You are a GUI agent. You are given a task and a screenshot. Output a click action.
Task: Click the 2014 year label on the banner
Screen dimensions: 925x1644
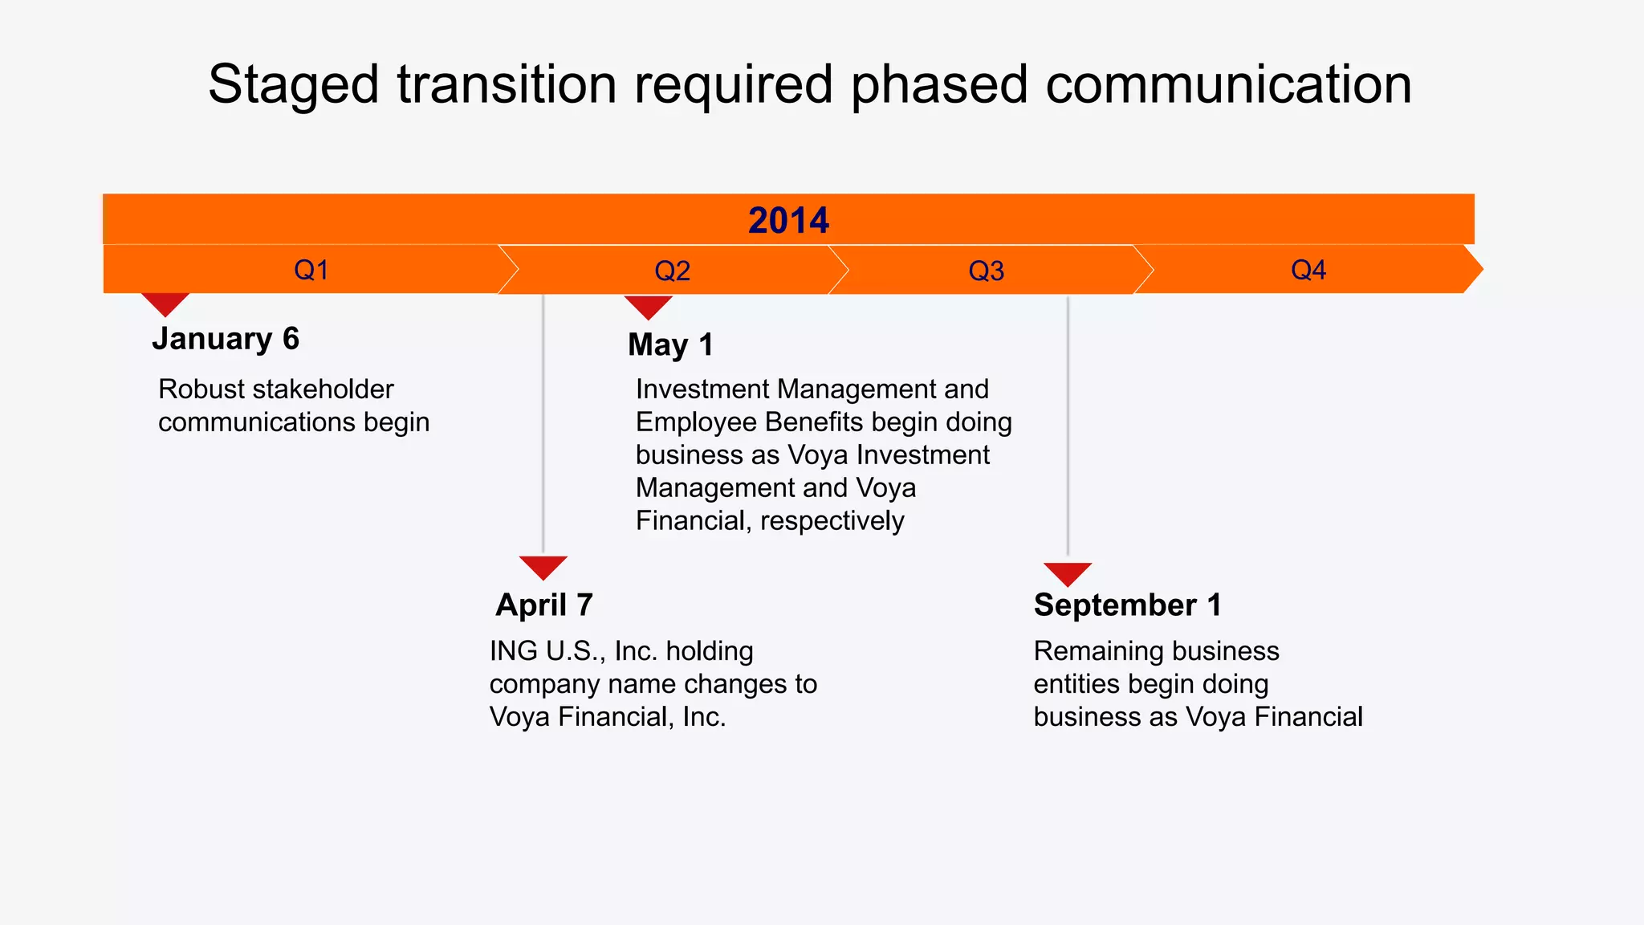[788, 220]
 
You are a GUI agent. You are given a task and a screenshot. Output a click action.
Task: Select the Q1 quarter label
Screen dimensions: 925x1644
[311, 270]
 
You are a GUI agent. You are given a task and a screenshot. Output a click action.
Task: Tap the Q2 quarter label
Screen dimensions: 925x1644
[672, 271]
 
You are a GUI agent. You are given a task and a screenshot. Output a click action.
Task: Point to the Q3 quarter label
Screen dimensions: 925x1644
[986, 271]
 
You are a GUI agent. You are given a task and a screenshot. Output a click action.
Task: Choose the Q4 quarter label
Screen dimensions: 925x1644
[1308, 270]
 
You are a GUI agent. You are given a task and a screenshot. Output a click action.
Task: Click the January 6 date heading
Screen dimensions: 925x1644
[226, 339]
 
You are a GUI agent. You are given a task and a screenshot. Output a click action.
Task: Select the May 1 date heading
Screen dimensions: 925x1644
[670, 345]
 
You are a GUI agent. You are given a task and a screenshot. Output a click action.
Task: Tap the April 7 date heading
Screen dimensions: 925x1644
[544, 605]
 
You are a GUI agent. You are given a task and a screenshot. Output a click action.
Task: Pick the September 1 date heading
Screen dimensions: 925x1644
[1127, 605]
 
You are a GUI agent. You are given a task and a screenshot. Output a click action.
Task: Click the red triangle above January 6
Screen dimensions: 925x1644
[165, 304]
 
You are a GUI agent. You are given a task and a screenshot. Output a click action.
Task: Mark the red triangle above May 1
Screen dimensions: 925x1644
[648, 307]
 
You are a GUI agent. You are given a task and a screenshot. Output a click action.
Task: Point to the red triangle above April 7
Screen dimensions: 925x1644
[543, 567]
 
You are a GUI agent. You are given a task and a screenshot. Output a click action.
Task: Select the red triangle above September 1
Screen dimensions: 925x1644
[1067, 573]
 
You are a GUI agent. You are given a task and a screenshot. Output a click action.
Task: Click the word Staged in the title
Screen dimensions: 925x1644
[293, 85]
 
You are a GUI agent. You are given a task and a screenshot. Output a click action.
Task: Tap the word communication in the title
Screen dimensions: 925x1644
[1228, 85]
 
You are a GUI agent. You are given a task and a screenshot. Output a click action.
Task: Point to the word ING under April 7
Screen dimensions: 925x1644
[515, 651]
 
